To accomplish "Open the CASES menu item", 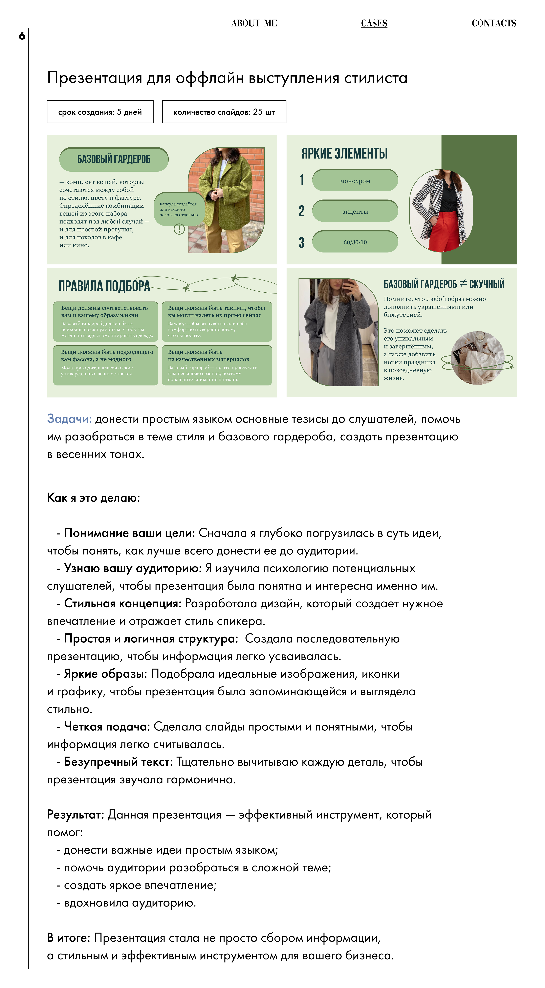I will click(374, 23).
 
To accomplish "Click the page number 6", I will click(22, 36).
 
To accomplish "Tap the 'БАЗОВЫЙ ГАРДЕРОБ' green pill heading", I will click(114, 159).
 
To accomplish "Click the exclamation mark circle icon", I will click(179, 229).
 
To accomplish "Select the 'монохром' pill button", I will click(355, 181).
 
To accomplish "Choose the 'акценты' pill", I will click(355, 211).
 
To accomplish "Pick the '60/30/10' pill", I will click(355, 242).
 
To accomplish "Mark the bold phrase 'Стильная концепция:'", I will click(123, 603).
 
